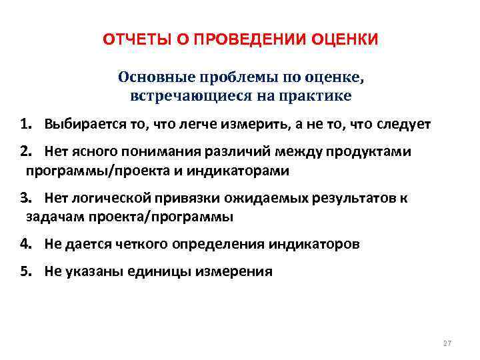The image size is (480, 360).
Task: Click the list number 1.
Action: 24,124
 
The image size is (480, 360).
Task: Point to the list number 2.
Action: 25,152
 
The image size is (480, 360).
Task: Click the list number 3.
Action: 25,198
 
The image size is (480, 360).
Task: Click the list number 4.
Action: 25,244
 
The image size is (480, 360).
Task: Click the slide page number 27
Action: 447,343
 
